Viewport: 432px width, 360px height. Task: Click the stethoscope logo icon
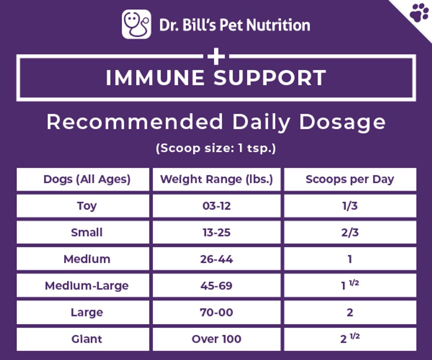(136, 24)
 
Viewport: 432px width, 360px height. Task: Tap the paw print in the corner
(419, 12)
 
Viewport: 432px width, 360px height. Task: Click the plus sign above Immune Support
(216, 56)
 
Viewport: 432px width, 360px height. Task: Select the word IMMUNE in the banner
(155, 78)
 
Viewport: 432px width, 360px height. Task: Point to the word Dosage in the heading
(342, 122)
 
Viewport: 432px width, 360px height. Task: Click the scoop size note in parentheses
(216, 148)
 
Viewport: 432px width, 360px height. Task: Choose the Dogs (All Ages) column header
(87, 179)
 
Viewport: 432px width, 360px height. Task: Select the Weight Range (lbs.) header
(216, 179)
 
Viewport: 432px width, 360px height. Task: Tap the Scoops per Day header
(350, 179)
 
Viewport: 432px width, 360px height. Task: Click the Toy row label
(87, 206)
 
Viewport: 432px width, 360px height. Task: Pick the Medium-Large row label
(87, 286)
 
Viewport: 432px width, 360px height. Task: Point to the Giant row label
(87, 339)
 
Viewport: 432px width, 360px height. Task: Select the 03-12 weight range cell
(216, 206)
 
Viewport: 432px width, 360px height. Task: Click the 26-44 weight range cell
(216, 259)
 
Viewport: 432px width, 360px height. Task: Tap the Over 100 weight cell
(216, 339)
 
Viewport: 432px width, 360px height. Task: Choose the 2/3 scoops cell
(350, 232)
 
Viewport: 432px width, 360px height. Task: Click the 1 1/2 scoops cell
(350, 285)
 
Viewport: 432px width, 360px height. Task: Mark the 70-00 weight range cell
(216, 312)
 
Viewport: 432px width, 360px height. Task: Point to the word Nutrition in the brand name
(278, 25)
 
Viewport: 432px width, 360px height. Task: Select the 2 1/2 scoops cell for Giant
(350, 338)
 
